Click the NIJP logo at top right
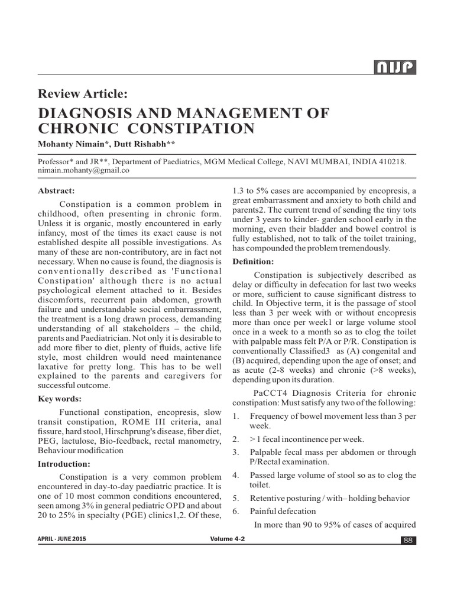394,69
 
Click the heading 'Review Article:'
82,93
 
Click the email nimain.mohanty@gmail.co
83,170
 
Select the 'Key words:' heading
60,399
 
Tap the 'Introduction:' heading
64,463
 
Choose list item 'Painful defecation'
283,511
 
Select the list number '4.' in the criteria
235,475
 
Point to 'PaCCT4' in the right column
270,393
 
